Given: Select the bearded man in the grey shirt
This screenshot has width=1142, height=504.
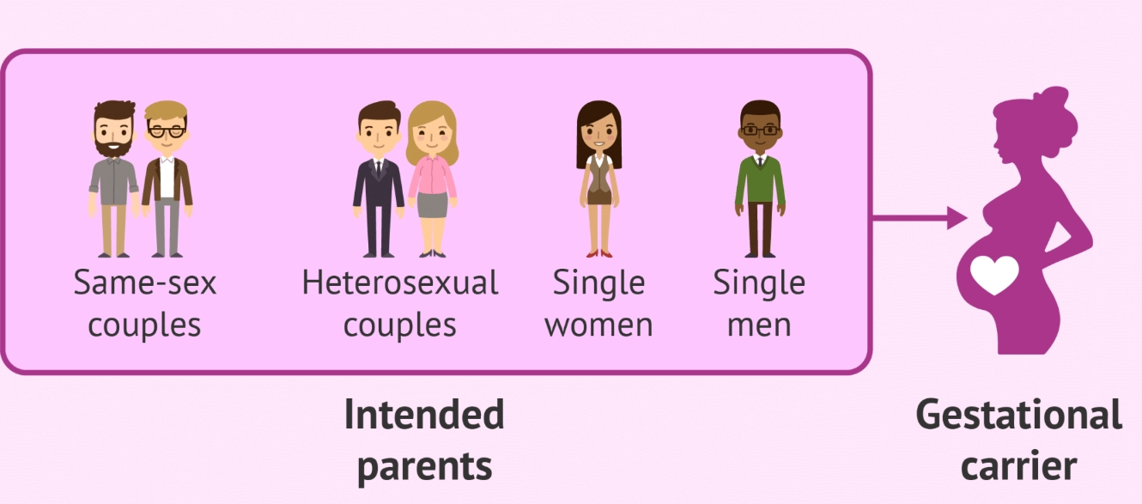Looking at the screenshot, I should click(113, 179).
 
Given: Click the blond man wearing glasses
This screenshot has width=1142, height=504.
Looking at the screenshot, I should click(167, 179).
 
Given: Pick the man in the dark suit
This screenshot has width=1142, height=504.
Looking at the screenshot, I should click(379, 179).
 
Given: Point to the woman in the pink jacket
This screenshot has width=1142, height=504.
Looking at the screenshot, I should click(432, 179).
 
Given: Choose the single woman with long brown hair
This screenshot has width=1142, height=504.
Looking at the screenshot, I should click(598, 179).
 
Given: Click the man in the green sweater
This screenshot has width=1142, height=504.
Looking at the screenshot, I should click(760, 179).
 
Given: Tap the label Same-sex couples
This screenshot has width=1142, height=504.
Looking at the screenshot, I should click(144, 303).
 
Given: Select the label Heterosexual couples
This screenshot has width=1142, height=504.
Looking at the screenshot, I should click(400, 303).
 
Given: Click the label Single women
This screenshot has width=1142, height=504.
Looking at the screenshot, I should click(598, 303).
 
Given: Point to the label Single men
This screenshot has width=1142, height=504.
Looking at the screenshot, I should click(759, 303).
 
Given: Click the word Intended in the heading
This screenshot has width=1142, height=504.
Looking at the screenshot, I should click(424, 416).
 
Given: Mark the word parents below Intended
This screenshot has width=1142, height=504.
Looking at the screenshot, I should click(424, 466).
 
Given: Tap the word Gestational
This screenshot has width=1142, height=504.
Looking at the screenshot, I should click(1018, 416).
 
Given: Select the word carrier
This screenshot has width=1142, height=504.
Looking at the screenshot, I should click(1018, 466).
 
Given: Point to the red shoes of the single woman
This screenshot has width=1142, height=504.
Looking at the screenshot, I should click(598, 253).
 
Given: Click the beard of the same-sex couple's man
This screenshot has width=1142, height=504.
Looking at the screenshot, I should click(113, 147).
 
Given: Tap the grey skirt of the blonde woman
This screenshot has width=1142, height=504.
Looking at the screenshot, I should click(433, 204).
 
